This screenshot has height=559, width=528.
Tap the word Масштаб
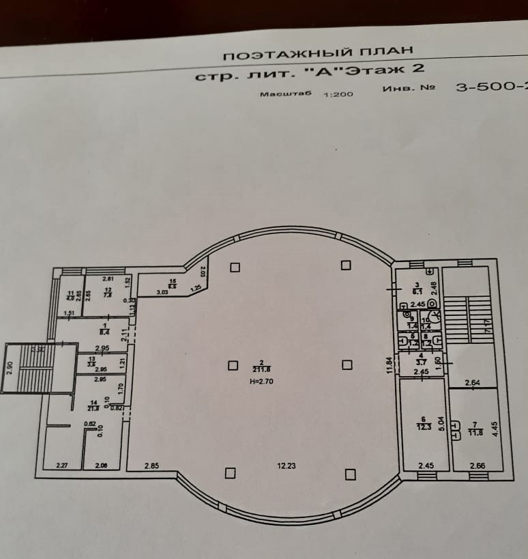[285, 94]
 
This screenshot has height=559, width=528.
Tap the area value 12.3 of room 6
[424, 427]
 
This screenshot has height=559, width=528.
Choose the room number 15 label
[173, 281]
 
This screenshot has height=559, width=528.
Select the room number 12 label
[108, 289]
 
